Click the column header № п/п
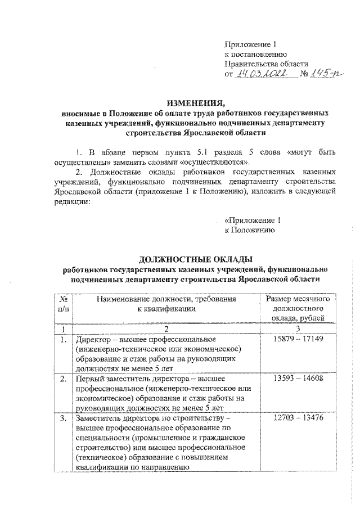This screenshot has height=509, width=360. [63, 304]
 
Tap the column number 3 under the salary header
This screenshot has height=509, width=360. [296, 329]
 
